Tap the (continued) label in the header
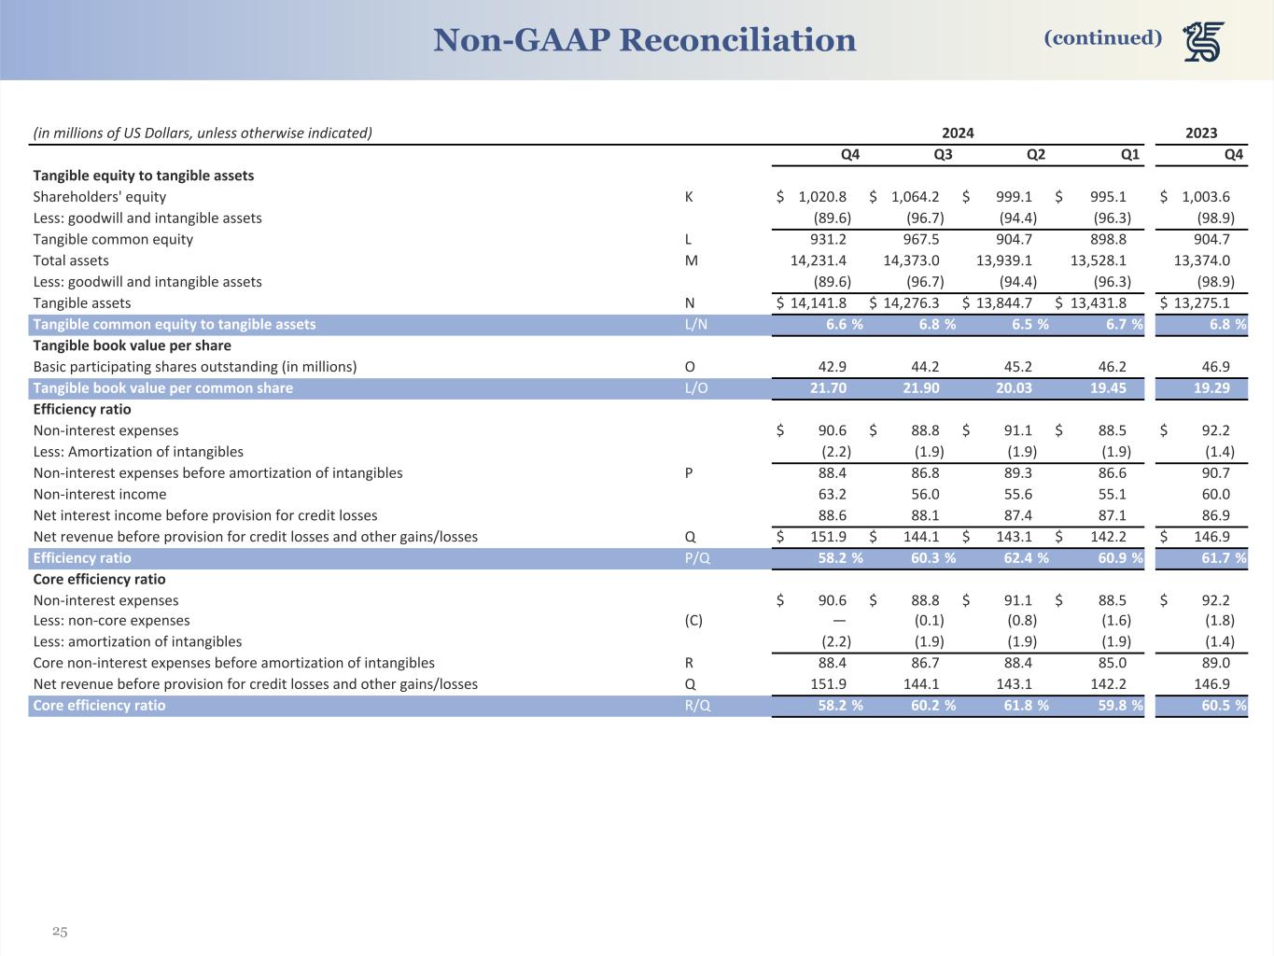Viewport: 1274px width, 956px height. point(1103,38)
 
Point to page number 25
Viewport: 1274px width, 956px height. point(60,932)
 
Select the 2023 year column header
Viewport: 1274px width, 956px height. point(1201,133)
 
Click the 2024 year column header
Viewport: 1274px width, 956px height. point(958,133)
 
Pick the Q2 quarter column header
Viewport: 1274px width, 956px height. point(1036,154)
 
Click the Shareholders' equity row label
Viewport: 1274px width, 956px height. point(100,197)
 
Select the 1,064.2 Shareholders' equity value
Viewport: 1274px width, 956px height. point(915,197)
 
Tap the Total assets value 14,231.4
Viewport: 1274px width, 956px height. point(819,260)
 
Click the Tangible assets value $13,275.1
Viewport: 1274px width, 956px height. point(1201,302)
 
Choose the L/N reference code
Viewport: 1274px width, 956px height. point(695,324)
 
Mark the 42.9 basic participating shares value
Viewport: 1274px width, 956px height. point(833,367)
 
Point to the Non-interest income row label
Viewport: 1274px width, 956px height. point(100,495)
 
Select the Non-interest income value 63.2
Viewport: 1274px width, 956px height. point(833,495)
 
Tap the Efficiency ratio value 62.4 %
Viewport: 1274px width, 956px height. point(1021,558)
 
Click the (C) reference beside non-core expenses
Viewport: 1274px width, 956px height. point(693,621)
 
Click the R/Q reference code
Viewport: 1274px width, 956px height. point(697,706)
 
